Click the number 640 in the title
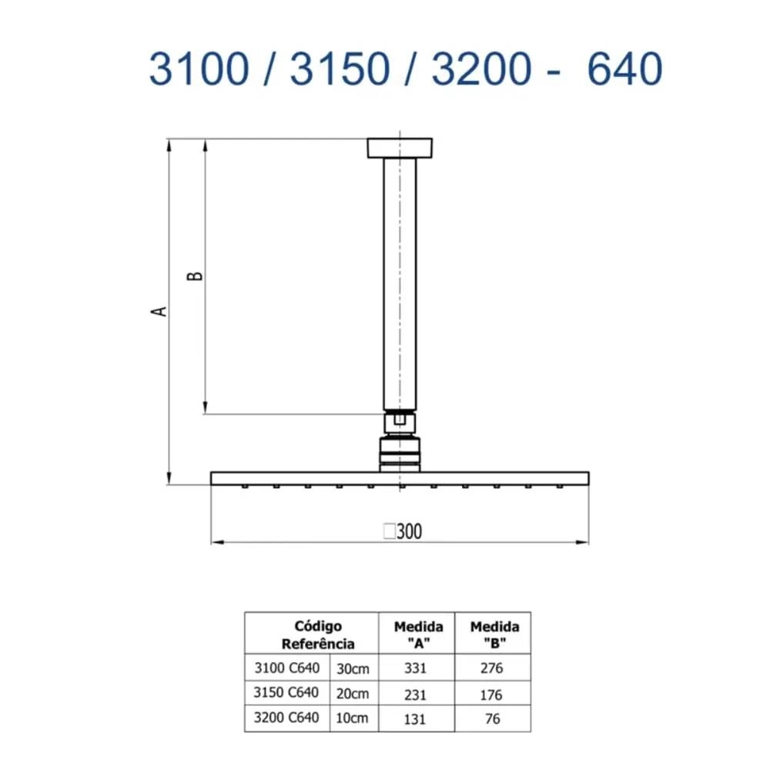(624, 70)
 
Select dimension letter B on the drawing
(197, 275)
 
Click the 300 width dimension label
(403, 531)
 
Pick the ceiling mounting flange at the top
(400, 148)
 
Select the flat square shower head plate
(400, 478)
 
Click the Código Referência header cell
(318, 635)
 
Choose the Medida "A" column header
(418, 635)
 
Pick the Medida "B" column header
(494, 635)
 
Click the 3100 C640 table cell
(286, 668)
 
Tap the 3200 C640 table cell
(286, 718)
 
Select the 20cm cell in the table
(353, 693)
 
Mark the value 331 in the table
(415, 668)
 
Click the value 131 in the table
(415, 719)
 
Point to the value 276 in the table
(490, 668)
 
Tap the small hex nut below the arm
(400, 420)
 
